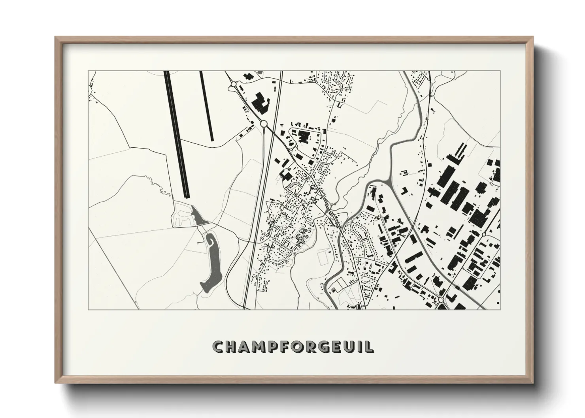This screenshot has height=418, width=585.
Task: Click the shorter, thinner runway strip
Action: (x=207, y=106)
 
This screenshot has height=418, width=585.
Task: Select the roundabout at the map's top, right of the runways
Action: (x=234, y=84)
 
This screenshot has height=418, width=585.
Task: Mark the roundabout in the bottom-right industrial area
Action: (x=441, y=300)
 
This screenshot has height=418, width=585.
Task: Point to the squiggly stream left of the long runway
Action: (x=156, y=186)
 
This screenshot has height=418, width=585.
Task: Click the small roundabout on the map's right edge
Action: (x=483, y=234)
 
